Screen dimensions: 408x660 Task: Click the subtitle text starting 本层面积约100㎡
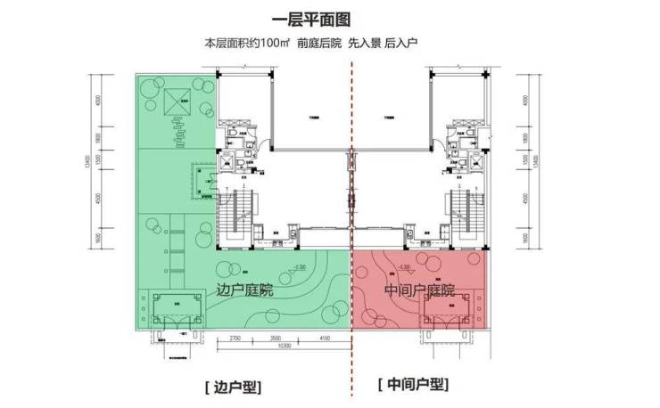pos(329,44)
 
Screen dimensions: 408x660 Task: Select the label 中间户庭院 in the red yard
pos(419,290)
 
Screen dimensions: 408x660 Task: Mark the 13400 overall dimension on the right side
pos(536,160)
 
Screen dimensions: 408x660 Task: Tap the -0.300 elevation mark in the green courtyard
pos(299,266)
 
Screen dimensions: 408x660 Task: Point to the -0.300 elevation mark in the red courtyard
pos(404,266)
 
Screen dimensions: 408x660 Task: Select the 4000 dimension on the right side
pos(527,98)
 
